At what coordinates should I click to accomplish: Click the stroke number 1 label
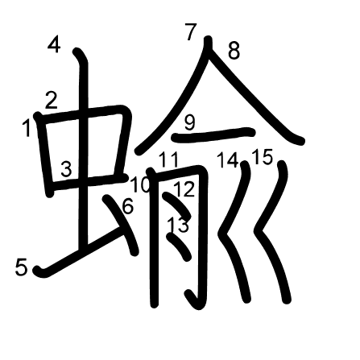coord(27,128)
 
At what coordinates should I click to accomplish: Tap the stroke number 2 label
coord(51,101)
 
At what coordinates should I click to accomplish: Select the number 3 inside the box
coord(66,169)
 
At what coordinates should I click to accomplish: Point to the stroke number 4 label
coord(54,44)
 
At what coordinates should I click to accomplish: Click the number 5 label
coord(21,267)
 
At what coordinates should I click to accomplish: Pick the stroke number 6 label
coord(128,206)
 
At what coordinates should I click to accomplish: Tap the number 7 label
coord(191,32)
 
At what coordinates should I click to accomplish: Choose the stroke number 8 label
coord(234,50)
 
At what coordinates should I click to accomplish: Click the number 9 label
coord(190,122)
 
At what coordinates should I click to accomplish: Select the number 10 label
coord(140,184)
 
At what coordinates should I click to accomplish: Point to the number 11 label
coord(168,159)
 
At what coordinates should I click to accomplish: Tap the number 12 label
coord(184,189)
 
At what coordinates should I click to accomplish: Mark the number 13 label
coord(178,224)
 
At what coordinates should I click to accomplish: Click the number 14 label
coord(228,159)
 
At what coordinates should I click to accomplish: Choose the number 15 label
coord(263,156)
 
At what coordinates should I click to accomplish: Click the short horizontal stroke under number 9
coord(213,134)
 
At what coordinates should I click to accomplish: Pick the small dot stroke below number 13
coord(180,246)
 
